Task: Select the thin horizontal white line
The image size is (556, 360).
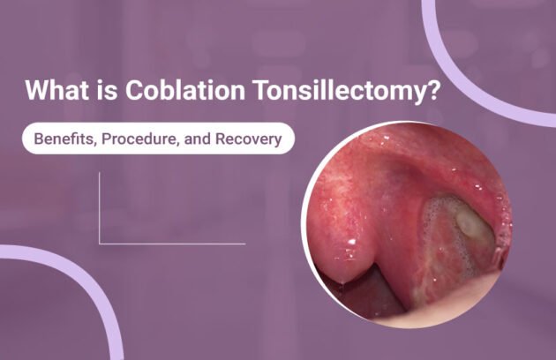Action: pos(172,243)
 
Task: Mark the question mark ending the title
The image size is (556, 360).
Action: pos(433,90)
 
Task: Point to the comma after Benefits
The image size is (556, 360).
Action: pos(94,143)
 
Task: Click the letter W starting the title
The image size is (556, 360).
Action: pos(36,90)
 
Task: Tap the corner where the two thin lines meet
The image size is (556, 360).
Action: pos(100,243)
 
